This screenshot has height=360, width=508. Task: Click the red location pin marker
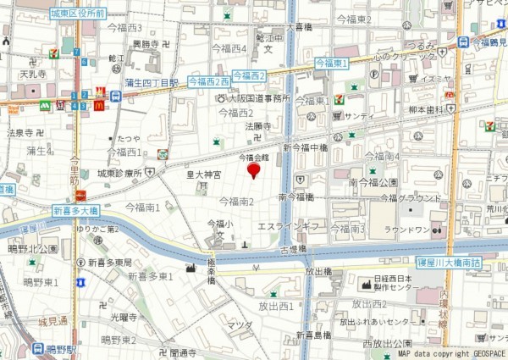pyautogui.click(x=253, y=171)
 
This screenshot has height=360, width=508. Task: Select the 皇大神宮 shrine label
pyautogui.click(x=203, y=175)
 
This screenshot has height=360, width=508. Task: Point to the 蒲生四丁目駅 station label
pyautogui.click(x=152, y=82)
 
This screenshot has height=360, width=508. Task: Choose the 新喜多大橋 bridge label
pyautogui.click(x=78, y=210)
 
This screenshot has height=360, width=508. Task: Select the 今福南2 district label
pyautogui.click(x=237, y=202)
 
